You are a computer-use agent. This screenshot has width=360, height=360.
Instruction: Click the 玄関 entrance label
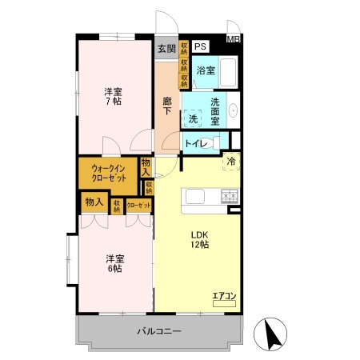pos(166,49)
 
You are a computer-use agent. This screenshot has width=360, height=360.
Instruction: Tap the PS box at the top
pos(199,46)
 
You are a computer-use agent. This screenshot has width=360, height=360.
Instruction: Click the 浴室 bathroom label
pos(206,70)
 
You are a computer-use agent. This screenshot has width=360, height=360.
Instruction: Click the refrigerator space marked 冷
pos(230,160)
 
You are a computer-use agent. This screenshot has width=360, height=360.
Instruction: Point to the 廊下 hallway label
pos(167,106)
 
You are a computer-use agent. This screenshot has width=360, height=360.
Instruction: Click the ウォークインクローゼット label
pos(108,174)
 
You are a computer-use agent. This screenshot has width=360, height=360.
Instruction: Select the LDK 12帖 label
pos(198,240)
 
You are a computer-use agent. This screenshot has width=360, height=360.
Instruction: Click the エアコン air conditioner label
pos(224,297)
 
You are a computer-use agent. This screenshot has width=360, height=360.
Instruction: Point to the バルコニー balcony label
pos(158,330)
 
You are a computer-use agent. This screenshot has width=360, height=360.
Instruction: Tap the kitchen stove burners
pos(230,194)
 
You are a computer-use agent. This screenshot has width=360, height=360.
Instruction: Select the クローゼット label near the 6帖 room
pos(138,206)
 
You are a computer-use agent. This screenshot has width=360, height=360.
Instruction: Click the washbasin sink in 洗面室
pos(233,111)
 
